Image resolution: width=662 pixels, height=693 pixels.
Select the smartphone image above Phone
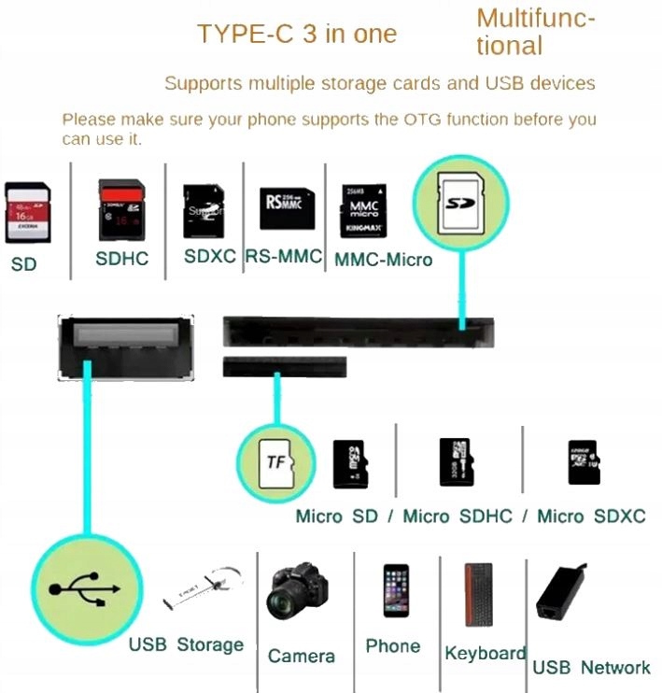pyautogui.click(x=395, y=591)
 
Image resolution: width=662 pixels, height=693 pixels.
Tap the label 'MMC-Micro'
pyautogui.click(x=383, y=260)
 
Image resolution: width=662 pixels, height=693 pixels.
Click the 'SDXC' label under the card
pyautogui.click(x=209, y=256)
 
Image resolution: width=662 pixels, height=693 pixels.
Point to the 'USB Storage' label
pyautogui.click(x=186, y=644)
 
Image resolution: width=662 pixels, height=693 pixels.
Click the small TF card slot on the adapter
pyautogui.click(x=284, y=367)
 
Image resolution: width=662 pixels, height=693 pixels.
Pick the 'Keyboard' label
pyautogui.click(x=485, y=653)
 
